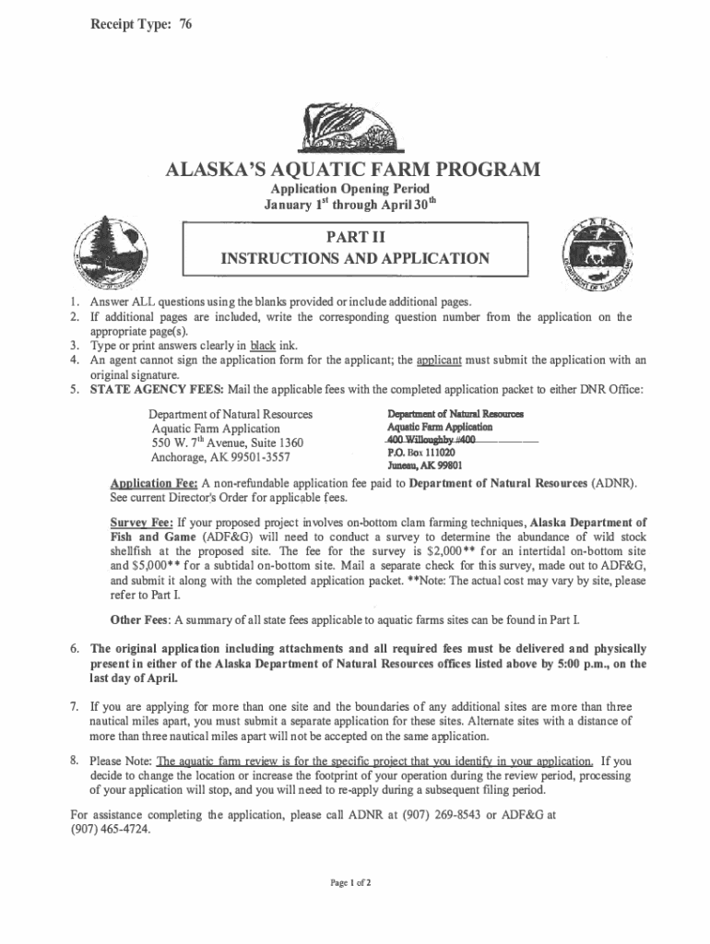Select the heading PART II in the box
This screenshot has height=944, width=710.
pos(355,237)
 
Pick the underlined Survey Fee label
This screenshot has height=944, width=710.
pos(140,521)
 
